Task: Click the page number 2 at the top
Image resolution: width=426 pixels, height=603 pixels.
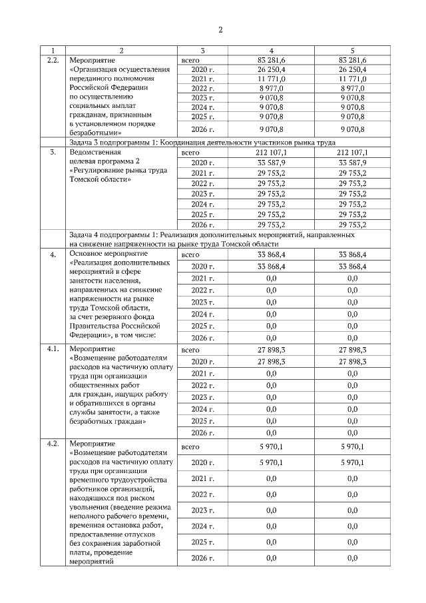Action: click(x=220, y=29)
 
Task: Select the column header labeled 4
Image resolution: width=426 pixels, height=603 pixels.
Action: click(x=271, y=51)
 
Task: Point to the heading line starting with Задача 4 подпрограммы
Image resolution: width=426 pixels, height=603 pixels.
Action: click(x=212, y=235)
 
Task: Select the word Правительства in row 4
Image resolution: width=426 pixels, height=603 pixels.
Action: click(x=98, y=326)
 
